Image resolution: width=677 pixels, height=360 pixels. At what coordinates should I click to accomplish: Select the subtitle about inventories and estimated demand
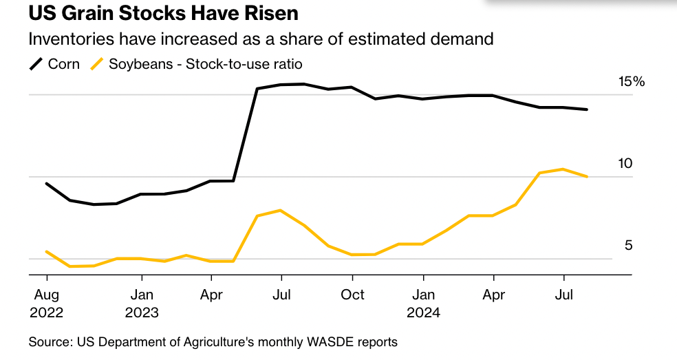pyautogui.click(x=261, y=39)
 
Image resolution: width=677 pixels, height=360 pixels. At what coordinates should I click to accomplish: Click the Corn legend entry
pyautogui.click(x=56, y=64)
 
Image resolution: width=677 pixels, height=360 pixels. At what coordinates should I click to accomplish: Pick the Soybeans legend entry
pyautogui.click(x=197, y=64)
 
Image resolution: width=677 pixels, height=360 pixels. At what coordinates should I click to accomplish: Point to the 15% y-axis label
pyautogui.click(x=632, y=82)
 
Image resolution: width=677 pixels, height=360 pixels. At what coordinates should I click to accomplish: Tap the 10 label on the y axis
pyautogui.click(x=625, y=164)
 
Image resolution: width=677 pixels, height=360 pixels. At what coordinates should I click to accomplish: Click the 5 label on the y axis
pyautogui.click(x=628, y=246)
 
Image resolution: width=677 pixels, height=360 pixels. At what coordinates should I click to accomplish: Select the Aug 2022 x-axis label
pyautogui.click(x=46, y=303)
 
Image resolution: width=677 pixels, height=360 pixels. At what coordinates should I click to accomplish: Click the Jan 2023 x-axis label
pyautogui.click(x=142, y=303)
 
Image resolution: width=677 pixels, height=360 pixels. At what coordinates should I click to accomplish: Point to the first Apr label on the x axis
pyautogui.click(x=211, y=295)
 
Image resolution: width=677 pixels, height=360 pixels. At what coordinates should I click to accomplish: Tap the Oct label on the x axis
pyautogui.click(x=352, y=295)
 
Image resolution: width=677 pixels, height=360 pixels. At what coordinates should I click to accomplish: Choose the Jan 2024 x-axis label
pyautogui.click(x=423, y=303)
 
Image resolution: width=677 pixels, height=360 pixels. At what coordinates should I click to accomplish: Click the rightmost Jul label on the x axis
pyautogui.click(x=563, y=295)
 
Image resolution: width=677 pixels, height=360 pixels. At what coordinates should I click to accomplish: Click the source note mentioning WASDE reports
pyautogui.click(x=213, y=341)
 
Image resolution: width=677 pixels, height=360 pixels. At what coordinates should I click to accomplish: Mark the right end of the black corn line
pyautogui.click(x=587, y=109)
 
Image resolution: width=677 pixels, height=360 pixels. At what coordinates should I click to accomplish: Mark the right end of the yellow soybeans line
pyautogui.click(x=587, y=177)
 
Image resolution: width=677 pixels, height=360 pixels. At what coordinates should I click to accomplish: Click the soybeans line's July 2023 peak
pyautogui.click(x=280, y=210)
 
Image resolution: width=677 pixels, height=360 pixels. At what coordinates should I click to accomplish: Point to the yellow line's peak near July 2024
pyautogui.click(x=563, y=169)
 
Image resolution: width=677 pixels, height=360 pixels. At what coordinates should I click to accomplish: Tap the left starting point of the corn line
pyautogui.click(x=46, y=184)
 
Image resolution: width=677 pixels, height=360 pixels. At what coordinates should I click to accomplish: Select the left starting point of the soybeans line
pyautogui.click(x=46, y=252)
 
